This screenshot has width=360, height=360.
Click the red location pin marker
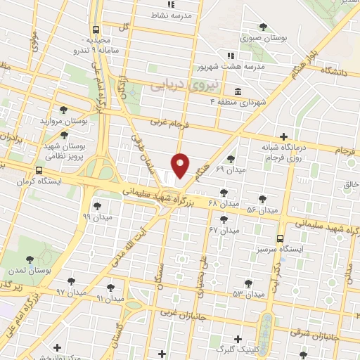181,165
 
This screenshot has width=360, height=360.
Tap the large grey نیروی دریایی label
186,85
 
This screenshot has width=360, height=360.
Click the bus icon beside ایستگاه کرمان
38,170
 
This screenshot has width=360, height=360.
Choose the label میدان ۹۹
96,218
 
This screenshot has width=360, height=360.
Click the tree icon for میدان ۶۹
231,158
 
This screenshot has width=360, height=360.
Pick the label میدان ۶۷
224,230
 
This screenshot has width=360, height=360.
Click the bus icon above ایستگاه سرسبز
281,238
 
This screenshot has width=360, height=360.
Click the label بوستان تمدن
28,271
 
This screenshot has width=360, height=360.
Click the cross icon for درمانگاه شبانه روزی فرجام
283,136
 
